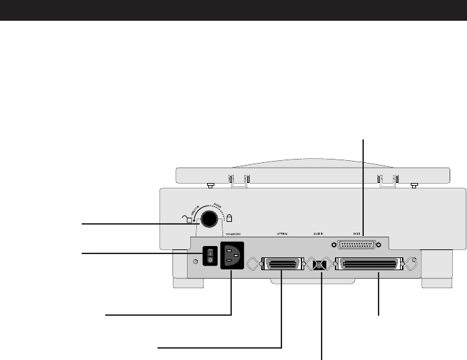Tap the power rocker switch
pyautogui.click(x=209, y=255)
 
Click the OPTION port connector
pyautogui.click(x=282, y=265)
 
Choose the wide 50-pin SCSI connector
pyautogui.click(x=371, y=265)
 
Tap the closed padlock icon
pyautogui.click(x=229, y=218)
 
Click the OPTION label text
pyautogui.click(x=282, y=235)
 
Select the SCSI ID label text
pyautogui.click(x=319, y=235)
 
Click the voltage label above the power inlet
pyautogui.click(x=232, y=235)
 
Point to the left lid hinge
pyautogui.click(x=239, y=179)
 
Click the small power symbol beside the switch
pyautogui.click(x=194, y=261)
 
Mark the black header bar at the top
pyautogui.click(x=233, y=9)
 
